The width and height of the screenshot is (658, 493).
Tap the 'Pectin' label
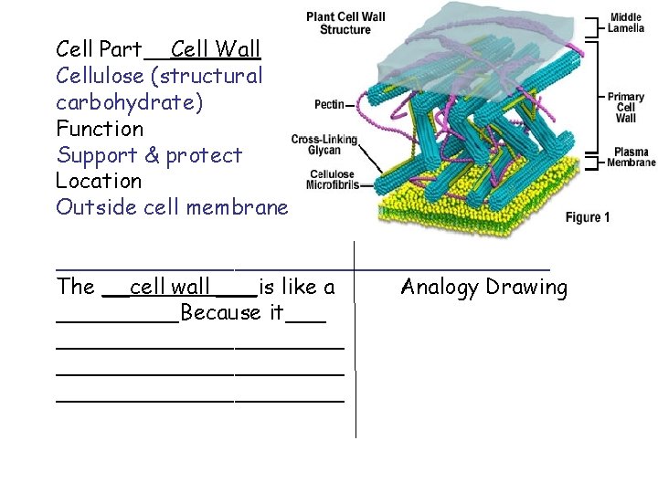[329, 104]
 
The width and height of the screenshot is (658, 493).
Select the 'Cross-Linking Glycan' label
[324, 144]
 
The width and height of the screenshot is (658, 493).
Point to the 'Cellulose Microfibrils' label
[331, 179]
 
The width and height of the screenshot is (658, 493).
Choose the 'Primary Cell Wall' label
[626, 107]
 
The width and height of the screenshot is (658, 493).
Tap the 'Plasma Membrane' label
[633, 157]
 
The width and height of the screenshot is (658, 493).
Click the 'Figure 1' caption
[587, 217]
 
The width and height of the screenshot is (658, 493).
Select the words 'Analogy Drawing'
[484, 288]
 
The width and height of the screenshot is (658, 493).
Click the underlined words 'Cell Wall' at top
[216, 48]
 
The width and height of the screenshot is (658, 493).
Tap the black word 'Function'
[100, 128]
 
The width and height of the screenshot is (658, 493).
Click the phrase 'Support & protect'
[149, 154]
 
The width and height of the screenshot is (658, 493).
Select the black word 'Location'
[99, 181]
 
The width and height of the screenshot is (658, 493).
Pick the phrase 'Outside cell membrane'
[172, 207]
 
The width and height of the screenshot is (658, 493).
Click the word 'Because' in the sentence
[220, 314]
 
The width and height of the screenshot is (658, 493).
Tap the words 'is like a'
[296, 288]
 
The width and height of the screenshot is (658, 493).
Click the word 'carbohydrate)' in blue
[129, 101]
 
